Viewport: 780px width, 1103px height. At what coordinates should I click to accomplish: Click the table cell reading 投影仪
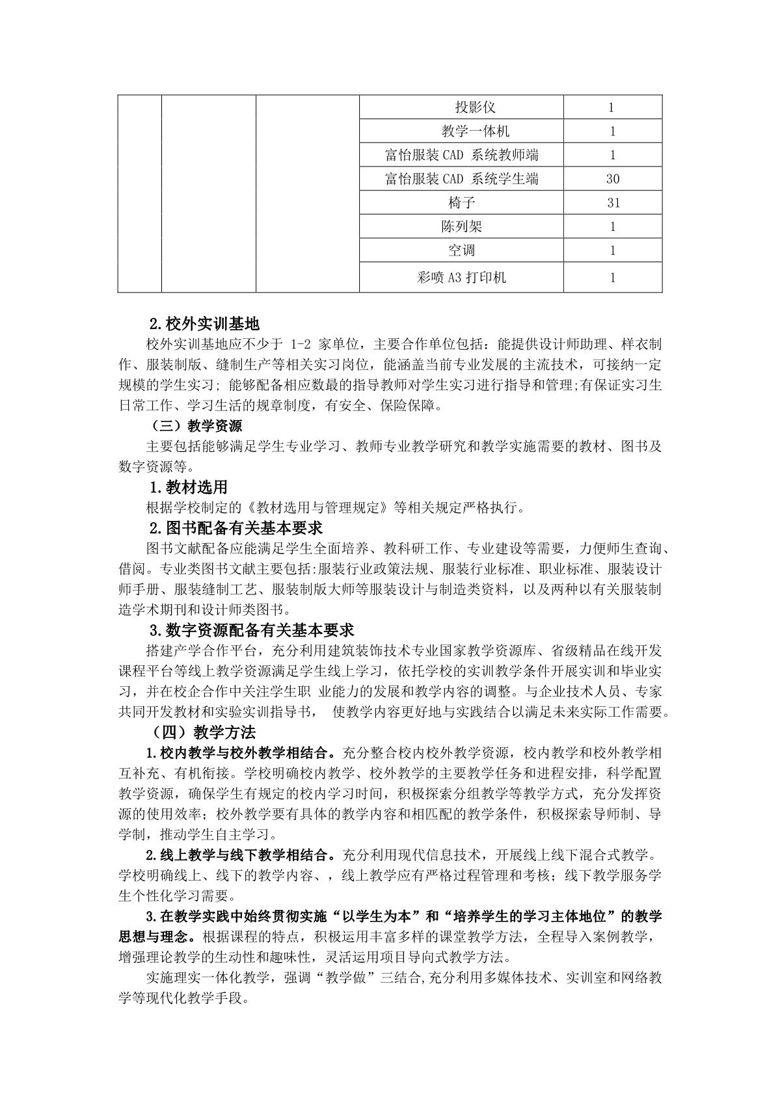point(461,107)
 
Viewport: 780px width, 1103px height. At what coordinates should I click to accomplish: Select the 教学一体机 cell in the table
point(461,131)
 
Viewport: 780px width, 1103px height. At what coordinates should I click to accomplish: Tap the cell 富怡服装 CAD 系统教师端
point(461,155)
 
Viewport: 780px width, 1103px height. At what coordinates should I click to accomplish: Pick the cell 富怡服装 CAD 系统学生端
point(461,179)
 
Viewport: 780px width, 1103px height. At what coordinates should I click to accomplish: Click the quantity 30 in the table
point(612,179)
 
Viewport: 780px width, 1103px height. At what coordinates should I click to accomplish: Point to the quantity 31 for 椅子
point(612,203)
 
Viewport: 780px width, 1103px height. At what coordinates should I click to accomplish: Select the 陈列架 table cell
point(461,227)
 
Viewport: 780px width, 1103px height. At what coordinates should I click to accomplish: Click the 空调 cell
point(461,250)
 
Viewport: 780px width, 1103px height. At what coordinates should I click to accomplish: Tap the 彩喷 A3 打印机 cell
point(461,278)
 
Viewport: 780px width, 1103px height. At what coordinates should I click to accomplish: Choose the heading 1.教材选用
point(188,487)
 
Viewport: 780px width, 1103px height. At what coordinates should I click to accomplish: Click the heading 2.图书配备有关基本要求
point(236,527)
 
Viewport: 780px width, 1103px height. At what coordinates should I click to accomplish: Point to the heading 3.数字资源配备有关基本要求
point(252,630)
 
